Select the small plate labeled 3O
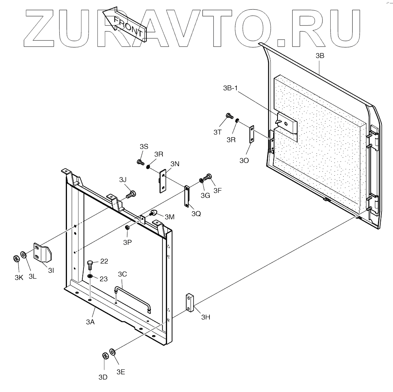[252, 134]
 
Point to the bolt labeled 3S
[140, 162]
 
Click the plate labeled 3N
[163, 180]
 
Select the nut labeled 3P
[127, 228]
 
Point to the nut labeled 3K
[16, 258]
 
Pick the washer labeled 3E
[113, 352]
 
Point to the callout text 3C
[122, 274]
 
